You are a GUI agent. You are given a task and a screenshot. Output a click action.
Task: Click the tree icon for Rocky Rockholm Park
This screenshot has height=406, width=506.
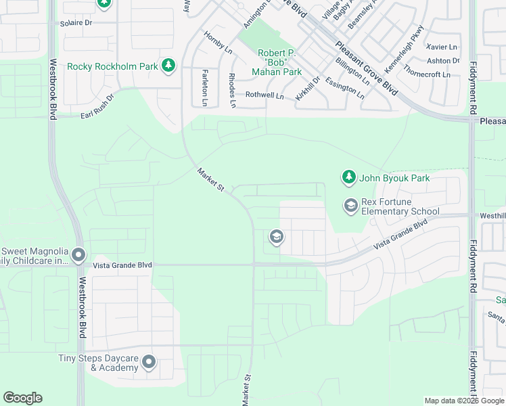pyautogui.click(x=168, y=66)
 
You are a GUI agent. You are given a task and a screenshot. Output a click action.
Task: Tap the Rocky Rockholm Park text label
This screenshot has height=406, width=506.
pyautogui.click(x=112, y=66)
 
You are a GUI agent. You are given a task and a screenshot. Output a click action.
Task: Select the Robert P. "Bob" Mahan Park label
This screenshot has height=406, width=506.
pyautogui.click(x=280, y=62)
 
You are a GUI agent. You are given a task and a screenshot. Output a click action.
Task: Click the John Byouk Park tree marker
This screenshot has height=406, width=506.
pyautogui.click(x=348, y=177)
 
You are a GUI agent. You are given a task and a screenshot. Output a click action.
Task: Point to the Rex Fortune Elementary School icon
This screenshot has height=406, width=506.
pyautogui.click(x=350, y=204)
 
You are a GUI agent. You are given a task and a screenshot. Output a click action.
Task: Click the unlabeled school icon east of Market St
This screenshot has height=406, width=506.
pyautogui.click(x=276, y=237)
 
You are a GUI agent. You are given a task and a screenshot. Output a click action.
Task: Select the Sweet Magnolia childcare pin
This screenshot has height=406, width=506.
pyautogui.click(x=78, y=255)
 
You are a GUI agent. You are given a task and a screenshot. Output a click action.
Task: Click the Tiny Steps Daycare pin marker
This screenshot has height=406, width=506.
pyautogui.click(x=149, y=363)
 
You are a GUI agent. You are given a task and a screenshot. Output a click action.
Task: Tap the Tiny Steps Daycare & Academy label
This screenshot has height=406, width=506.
pyautogui.click(x=99, y=363)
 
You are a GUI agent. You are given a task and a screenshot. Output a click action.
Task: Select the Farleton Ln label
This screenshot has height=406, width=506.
pyautogui.click(x=204, y=87)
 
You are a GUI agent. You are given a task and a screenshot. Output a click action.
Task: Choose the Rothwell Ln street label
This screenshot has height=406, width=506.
pyautogui.click(x=264, y=95)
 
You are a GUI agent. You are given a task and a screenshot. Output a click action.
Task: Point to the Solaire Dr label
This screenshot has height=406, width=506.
pyautogui.click(x=75, y=22)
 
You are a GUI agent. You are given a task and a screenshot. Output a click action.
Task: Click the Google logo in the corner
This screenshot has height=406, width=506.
pyautogui.click(x=22, y=398)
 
